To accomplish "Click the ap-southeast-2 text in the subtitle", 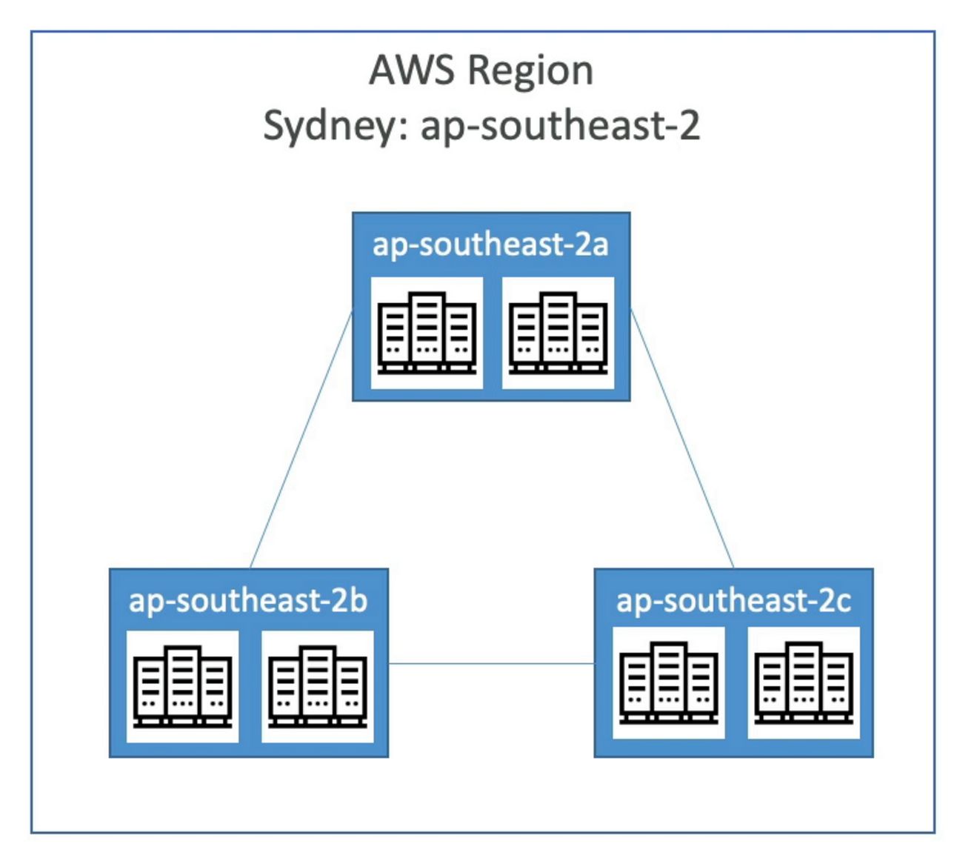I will point(560,126).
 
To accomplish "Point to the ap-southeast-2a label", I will point(490,245).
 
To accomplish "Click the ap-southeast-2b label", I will point(248,600).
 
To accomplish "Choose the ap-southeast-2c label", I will point(733,600).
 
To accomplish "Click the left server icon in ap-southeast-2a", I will point(427,333).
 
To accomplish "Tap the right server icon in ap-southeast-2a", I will point(558,333).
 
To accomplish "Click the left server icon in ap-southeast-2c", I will point(669,682).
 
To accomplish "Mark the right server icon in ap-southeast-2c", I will point(804,682).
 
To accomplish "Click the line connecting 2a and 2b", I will point(301,439).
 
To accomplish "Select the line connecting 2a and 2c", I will point(682,439).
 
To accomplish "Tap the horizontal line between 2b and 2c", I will point(491,664).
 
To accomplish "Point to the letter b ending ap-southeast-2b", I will point(358,600).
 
